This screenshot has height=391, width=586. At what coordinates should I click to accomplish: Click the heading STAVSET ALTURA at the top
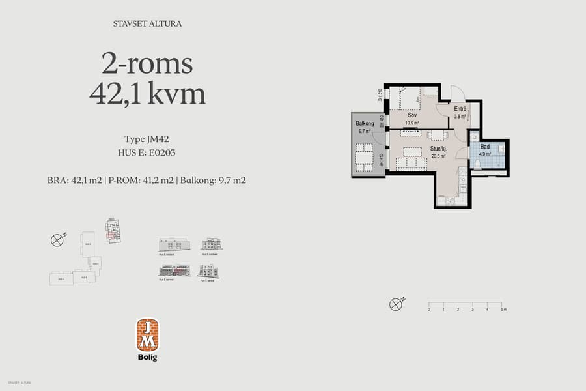click(146, 24)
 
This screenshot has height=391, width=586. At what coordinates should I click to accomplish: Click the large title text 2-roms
click(147, 64)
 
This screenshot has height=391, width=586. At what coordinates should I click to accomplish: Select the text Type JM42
click(147, 139)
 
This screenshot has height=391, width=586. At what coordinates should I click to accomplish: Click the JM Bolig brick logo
click(148, 335)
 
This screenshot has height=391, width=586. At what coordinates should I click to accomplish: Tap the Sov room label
click(412, 115)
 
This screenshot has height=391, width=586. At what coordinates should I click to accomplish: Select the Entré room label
click(460, 109)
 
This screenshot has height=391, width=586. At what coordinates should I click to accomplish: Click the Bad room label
click(485, 147)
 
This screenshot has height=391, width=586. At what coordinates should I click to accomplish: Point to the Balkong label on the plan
click(365, 124)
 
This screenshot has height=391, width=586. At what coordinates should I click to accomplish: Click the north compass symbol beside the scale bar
click(395, 304)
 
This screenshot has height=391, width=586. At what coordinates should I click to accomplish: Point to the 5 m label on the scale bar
click(503, 310)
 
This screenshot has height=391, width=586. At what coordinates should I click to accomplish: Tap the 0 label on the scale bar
click(428, 310)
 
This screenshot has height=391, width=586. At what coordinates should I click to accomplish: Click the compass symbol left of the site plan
click(57, 240)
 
